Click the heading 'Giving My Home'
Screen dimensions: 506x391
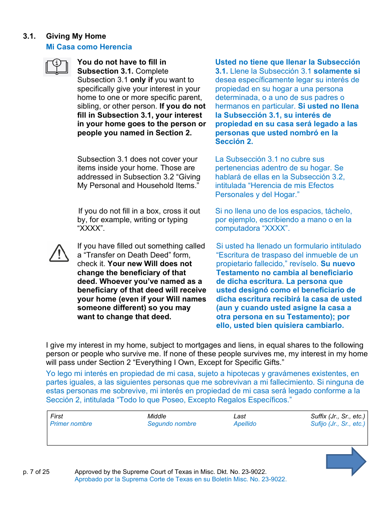pyautogui.click(x=76, y=36)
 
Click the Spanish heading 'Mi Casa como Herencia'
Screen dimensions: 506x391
pyautogui.click(x=89, y=47)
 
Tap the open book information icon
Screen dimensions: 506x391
pyautogui.click(x=57, y=67)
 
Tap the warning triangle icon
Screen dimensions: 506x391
pyautogui.click(x=59, y=253)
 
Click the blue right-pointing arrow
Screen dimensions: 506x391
pyautogui.click(x=346, y=462)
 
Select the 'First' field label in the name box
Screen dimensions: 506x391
pyautogui.click(x=57, y=416)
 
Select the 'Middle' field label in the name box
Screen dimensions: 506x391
pyautogui.click(x=157, y=416)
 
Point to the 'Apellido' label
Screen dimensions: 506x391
pyautogui.click(x=245, y=424)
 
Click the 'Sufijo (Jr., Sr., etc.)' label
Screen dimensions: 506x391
pyautogui.click(x=337, y=424)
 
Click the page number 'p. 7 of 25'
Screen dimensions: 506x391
pyautogui.click(x=36, y=472)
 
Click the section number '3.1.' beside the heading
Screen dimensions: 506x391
pyautogui.click(x=30, y=36)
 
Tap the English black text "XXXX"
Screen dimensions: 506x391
pyautogui.click(x=91, y=229)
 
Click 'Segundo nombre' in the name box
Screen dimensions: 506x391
pyautogui.click(x=172, y=424)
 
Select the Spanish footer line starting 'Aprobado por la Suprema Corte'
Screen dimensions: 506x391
pyautogui.click(x=180, y=479)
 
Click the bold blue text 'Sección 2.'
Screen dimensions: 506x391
pyautogui.click(x=234, y=142)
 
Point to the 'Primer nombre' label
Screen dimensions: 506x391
pyautogui.click(x=71, y=424)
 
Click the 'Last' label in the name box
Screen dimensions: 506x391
pyautogui.click(x=240, y=416)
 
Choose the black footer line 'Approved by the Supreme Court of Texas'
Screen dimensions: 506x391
pyautogui.click(x=170, y=472)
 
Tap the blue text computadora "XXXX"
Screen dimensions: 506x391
pyautogui.click(x=252, y=229)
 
